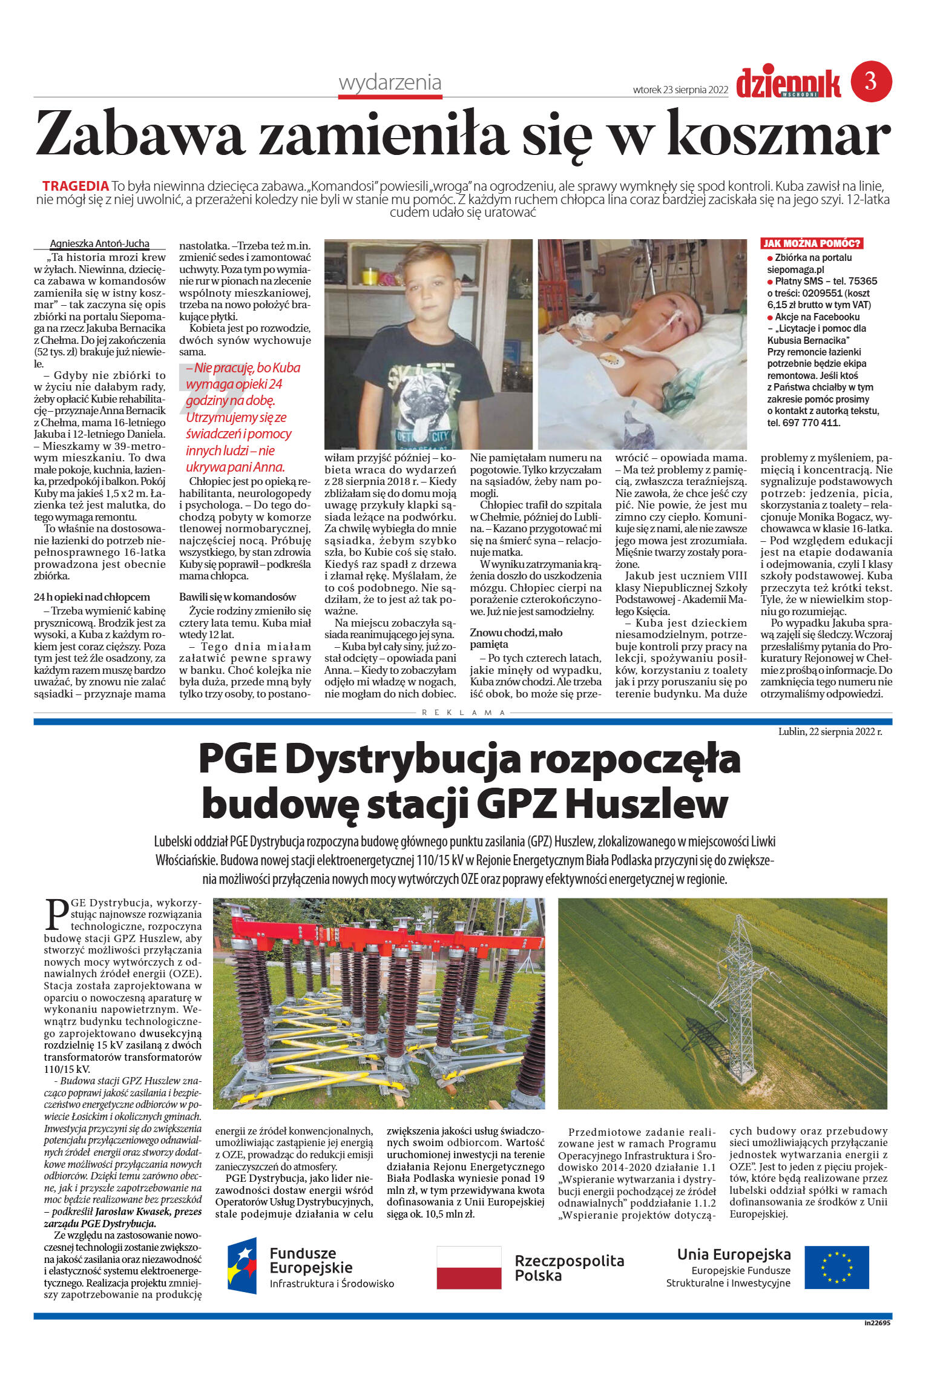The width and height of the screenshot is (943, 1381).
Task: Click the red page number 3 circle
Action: tap(871, 81)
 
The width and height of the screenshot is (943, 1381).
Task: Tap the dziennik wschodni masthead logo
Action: tap(788, 84)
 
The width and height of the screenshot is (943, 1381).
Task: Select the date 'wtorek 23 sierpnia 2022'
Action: tap(680, 90)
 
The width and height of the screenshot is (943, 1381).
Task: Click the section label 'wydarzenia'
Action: tap(390, 82)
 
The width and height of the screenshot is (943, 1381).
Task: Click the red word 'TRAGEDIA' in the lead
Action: tap(76, 186)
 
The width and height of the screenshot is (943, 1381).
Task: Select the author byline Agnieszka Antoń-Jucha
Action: tap(99, 243)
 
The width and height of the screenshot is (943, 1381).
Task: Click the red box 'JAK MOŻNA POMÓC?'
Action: tap(811, 243)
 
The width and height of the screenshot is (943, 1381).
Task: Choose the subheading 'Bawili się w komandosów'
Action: tap(237, 597)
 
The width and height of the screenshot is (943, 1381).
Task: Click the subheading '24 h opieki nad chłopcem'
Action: tap(91, 597)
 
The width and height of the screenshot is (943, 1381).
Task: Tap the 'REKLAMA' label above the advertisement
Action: tap(464, 713)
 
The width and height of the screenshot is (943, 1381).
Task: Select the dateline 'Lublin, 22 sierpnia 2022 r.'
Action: tap(830, 731)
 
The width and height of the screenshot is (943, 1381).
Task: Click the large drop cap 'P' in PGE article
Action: tap(56, 914)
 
